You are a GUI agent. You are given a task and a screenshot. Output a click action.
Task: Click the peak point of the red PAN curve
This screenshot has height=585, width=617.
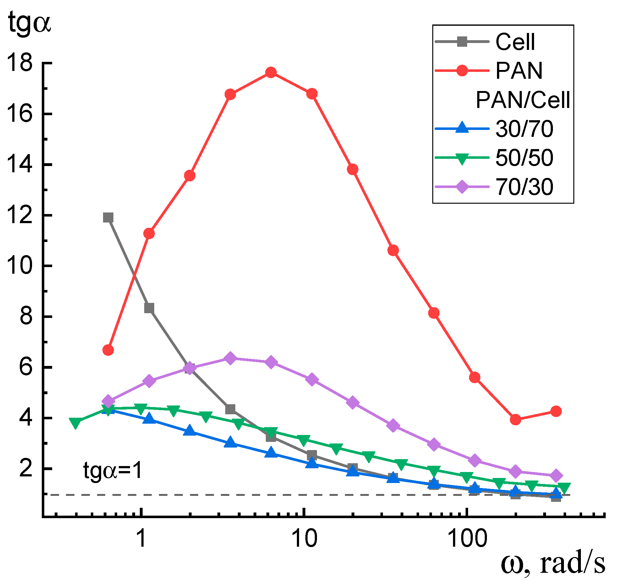coord(271,72)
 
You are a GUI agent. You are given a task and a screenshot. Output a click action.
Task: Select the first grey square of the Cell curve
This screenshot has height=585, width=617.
coord(108,217)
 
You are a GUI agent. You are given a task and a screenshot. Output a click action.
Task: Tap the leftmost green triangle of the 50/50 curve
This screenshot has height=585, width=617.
coord(75,423)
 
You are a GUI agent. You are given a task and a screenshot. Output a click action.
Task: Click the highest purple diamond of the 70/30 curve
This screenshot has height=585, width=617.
coord(230,358)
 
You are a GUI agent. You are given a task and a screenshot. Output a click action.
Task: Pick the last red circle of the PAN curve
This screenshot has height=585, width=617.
coord(556,411)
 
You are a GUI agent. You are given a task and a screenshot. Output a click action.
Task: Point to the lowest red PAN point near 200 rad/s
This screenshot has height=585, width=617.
coord(515,419)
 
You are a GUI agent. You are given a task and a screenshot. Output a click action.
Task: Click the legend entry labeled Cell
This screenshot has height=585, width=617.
coord(515,42)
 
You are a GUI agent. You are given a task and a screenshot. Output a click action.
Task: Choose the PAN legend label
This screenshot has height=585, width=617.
coord(519,71)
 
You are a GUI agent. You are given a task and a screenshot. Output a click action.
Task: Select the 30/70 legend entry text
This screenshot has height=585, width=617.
coord(524,129)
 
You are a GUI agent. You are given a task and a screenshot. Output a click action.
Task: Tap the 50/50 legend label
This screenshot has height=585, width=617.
coord(524,158)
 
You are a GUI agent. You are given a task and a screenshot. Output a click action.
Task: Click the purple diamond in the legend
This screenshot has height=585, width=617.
coord(462,187)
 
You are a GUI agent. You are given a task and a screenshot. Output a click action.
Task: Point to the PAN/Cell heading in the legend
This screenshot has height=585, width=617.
coord(523,100)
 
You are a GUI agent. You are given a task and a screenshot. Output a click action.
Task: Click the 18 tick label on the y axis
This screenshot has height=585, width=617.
coord(19,63)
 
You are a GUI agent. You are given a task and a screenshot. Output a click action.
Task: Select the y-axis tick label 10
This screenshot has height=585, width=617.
coord(19,266)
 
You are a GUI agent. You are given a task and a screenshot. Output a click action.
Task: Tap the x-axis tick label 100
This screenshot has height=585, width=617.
coord(467,539)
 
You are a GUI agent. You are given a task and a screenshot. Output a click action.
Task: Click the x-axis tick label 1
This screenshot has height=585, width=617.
coord(142,539)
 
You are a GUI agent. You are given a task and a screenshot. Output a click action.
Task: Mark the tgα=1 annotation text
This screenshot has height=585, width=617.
coord(112,470)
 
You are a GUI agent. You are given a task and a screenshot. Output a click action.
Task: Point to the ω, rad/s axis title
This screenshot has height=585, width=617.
coord(553,564)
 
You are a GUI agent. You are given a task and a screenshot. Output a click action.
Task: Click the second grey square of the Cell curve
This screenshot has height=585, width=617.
coord(149,308)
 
